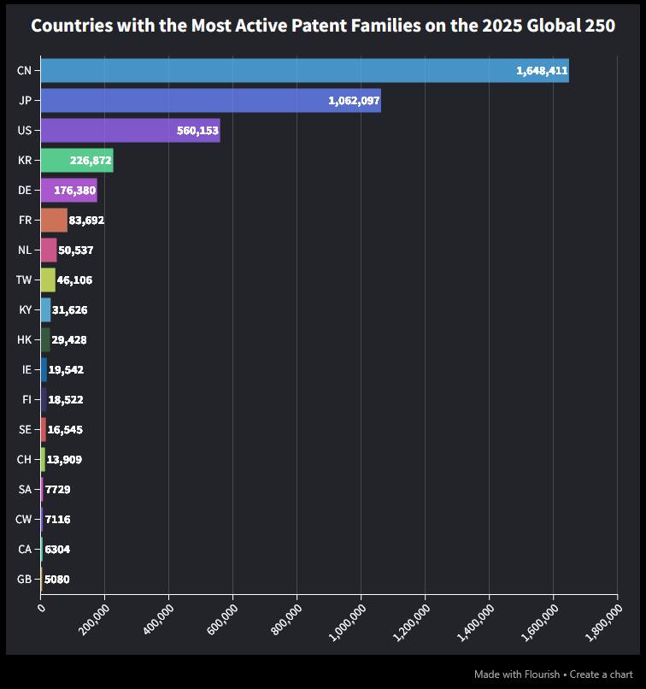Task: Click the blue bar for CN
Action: point(273,71)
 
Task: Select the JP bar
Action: point(188,101)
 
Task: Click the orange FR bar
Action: point(53,220)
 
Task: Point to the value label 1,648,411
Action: point(542,71)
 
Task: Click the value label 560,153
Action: point(193,131)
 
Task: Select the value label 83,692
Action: point(86,220)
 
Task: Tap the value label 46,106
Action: point(74,280)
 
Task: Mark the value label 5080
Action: point(56,579)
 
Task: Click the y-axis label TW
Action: point(23,280)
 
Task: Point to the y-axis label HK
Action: point(24,339)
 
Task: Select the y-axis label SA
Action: point(25,489)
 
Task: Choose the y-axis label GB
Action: point(24,579)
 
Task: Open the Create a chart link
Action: point(602,674)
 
